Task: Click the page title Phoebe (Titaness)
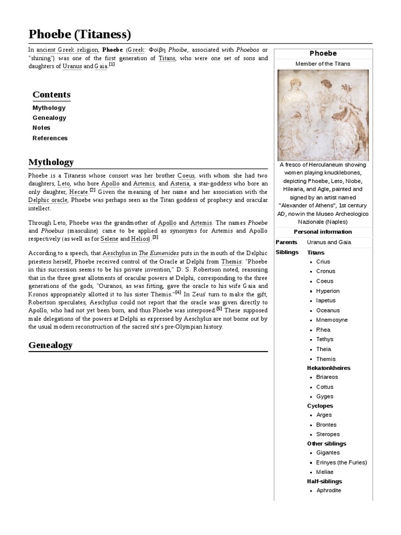click(79, 34)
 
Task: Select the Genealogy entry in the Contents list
click(49, 118)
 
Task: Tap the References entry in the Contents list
click(50, 138)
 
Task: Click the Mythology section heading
click(51, 162)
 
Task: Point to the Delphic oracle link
click(48, 200)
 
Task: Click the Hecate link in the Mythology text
click(78, 192)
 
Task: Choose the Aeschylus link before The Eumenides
click(116, 253)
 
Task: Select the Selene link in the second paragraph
click(109, 239)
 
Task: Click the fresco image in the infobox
click(323, 115)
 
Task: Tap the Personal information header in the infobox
click(323, 231)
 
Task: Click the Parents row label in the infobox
click(287, 242)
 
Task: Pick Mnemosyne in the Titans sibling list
click(332, 320)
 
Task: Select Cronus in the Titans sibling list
click(326, 271)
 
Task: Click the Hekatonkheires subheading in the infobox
click(328, 368)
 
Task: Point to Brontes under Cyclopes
click(326, 425)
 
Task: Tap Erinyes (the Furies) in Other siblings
click(341, 462)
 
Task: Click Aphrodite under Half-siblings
click(328, 491)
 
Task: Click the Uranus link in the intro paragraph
click(72, 66)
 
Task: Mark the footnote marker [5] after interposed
click(219, 308)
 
